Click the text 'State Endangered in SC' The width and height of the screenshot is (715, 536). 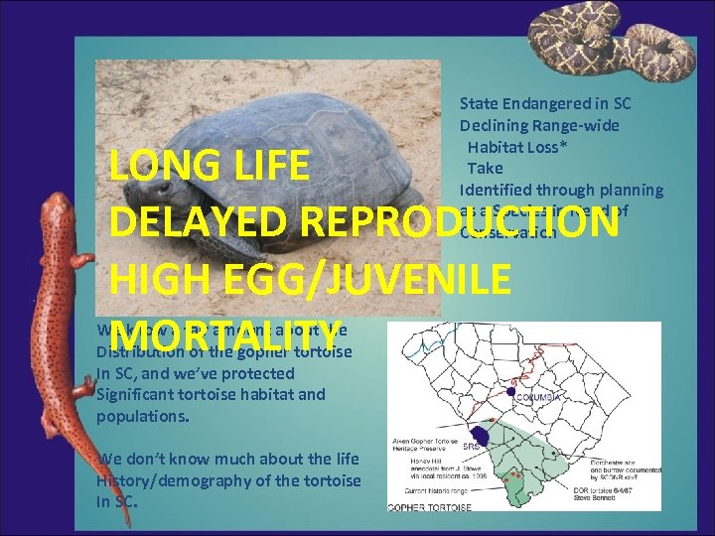click(x=545, y=103)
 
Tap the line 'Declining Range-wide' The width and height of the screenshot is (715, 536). click(x=538, y=125)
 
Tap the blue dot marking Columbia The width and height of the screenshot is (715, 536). click(x=511, y=393)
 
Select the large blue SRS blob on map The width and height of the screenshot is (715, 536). click(x=481, y=435)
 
